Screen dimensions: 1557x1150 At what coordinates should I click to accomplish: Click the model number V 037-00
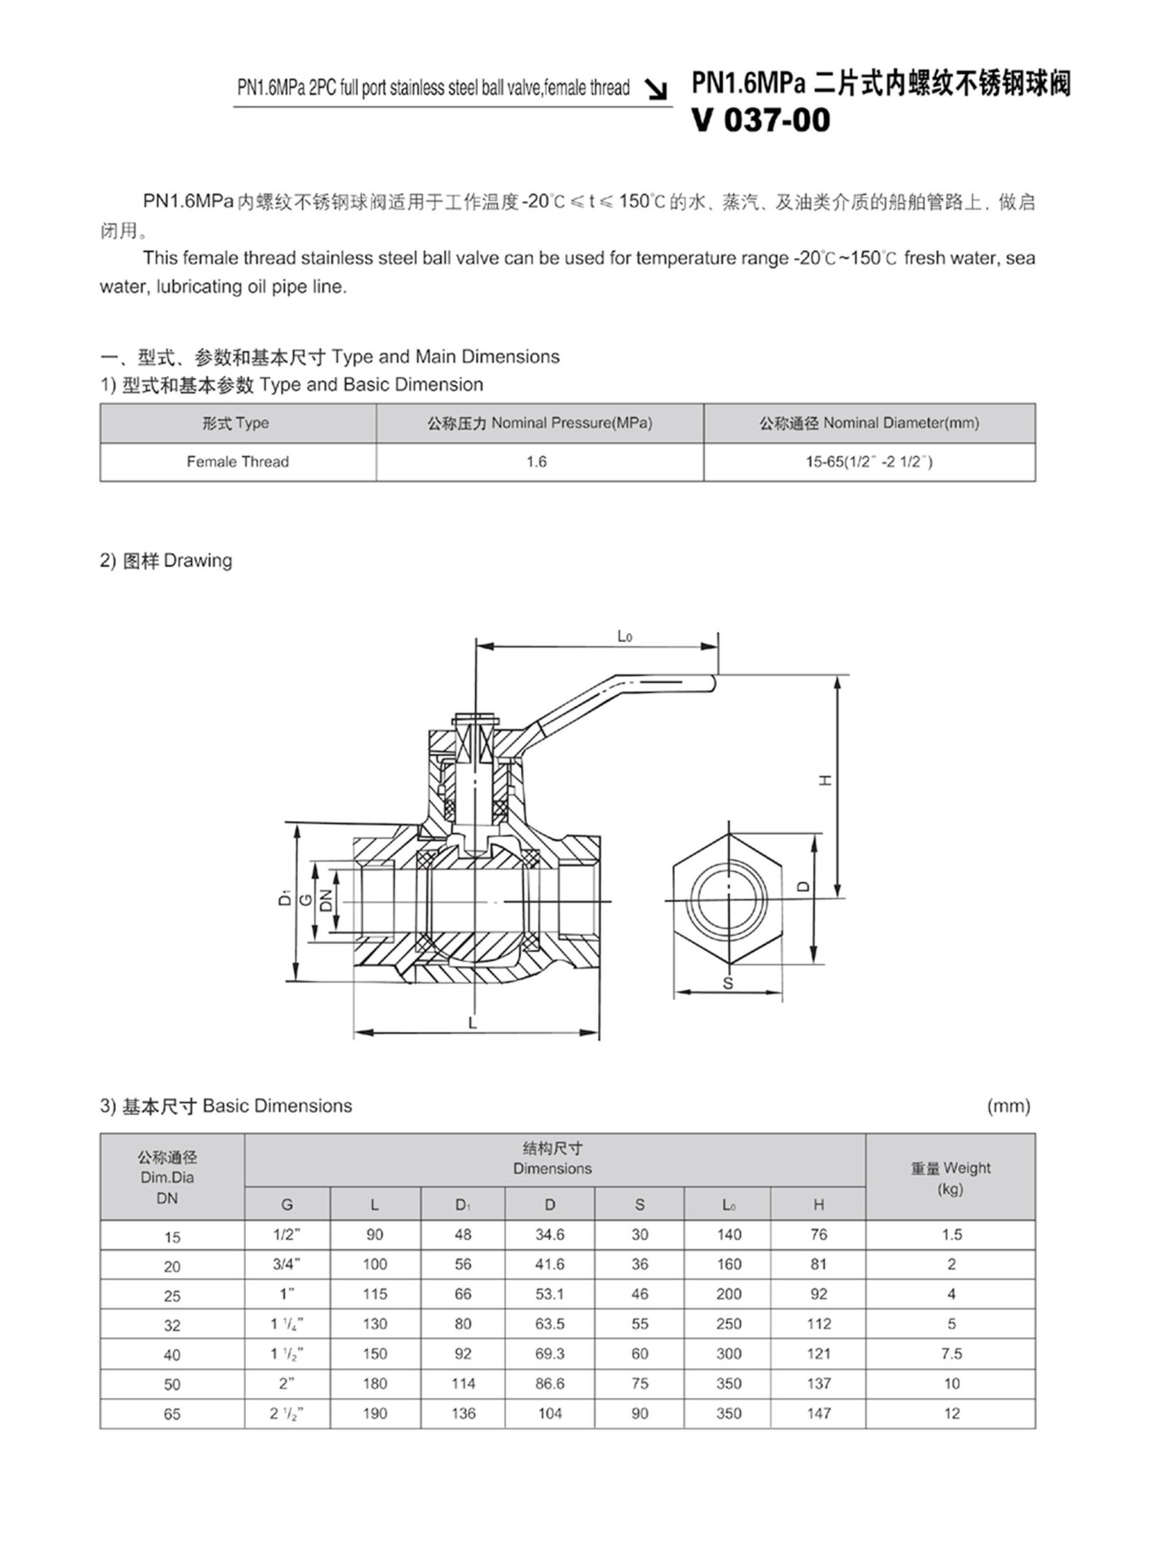760,120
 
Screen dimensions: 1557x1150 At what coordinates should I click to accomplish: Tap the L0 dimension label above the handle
625,636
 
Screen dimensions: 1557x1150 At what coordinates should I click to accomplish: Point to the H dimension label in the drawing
826,780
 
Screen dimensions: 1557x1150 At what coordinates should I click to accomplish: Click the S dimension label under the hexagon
727,983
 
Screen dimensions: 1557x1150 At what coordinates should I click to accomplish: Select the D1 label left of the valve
285,898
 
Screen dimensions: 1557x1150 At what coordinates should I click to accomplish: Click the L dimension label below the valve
472,1022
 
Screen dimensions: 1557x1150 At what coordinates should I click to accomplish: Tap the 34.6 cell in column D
550,1234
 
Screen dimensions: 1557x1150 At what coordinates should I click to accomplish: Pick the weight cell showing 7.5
951,1354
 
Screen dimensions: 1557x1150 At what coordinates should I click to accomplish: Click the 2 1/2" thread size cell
287,1413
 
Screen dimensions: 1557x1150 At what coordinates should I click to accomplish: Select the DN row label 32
172,1325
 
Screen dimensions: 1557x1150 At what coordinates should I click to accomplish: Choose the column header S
640,1205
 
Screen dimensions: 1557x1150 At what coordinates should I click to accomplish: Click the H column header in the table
819,1205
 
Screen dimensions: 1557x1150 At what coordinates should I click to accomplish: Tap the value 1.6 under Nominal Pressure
536,461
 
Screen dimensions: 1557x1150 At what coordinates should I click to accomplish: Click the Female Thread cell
238,461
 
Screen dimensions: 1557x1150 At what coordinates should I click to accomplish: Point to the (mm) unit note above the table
1008,1106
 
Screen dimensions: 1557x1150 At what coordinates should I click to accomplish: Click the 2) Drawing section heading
166,560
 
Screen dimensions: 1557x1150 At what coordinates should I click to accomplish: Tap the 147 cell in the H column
819,1413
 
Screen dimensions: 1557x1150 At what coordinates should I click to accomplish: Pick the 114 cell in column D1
463,1383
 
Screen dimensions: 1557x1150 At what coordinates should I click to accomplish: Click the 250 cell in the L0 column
729,1323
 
